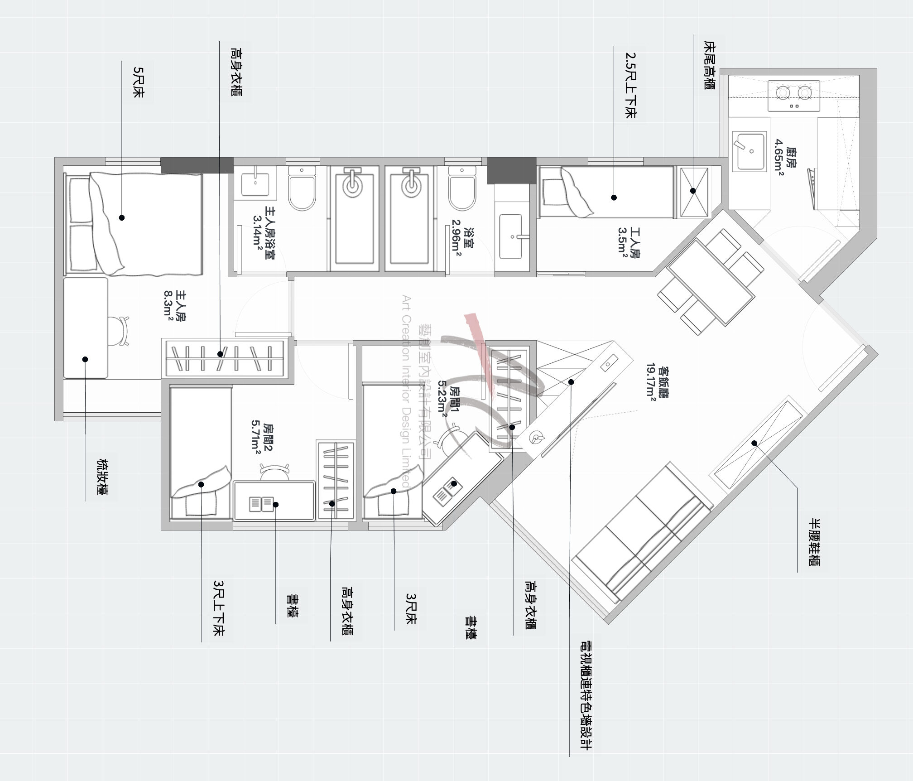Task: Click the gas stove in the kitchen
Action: (x=794, y=96)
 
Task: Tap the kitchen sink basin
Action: (x=749, y=151)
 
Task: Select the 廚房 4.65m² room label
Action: (x=784, y=160)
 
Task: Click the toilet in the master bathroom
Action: (x=302, y=189)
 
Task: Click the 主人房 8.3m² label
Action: (x=173, y=306)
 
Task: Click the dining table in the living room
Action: (x=711, y=282)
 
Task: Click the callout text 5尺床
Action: (x=138, y=82)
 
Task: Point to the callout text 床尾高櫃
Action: (x=709, y=65)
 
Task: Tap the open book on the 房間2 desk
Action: (x=261, y=503)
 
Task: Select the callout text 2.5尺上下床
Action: (x=630, y=86)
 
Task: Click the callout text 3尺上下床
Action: (x=219, y=608)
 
